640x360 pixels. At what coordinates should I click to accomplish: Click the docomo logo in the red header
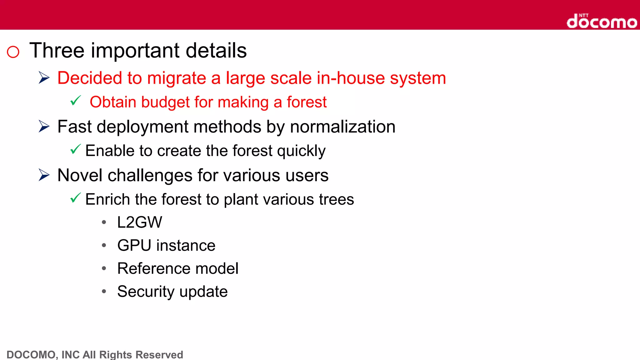click(x=602, y=22)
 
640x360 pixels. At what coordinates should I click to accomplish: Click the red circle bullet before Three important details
click(x=13, y=52)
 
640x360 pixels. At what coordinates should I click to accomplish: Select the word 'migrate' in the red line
click(x=176, y=78)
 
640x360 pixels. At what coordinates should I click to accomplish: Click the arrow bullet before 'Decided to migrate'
click(x=44, y=77)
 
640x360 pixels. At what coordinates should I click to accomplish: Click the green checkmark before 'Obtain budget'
click(x=76, y=101)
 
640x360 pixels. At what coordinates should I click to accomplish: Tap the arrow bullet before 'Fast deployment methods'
click(x=44, y=126)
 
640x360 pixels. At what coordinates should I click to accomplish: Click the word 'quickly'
click(x=301, y=151)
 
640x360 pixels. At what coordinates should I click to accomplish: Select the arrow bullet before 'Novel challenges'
click(x=44, y=175)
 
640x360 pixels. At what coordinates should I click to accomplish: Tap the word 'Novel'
click(x=80, y=175)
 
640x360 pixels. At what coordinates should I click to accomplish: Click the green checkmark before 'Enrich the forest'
click(x=76, y=198)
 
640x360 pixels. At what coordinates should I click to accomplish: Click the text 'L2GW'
click(x=140, y=222)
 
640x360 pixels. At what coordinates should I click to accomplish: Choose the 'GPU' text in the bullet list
click(x=134, y=245)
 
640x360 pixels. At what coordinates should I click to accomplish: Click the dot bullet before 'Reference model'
click(x=104, y=268)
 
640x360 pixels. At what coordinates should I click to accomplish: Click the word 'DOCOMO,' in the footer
click(x=31, y=355)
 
